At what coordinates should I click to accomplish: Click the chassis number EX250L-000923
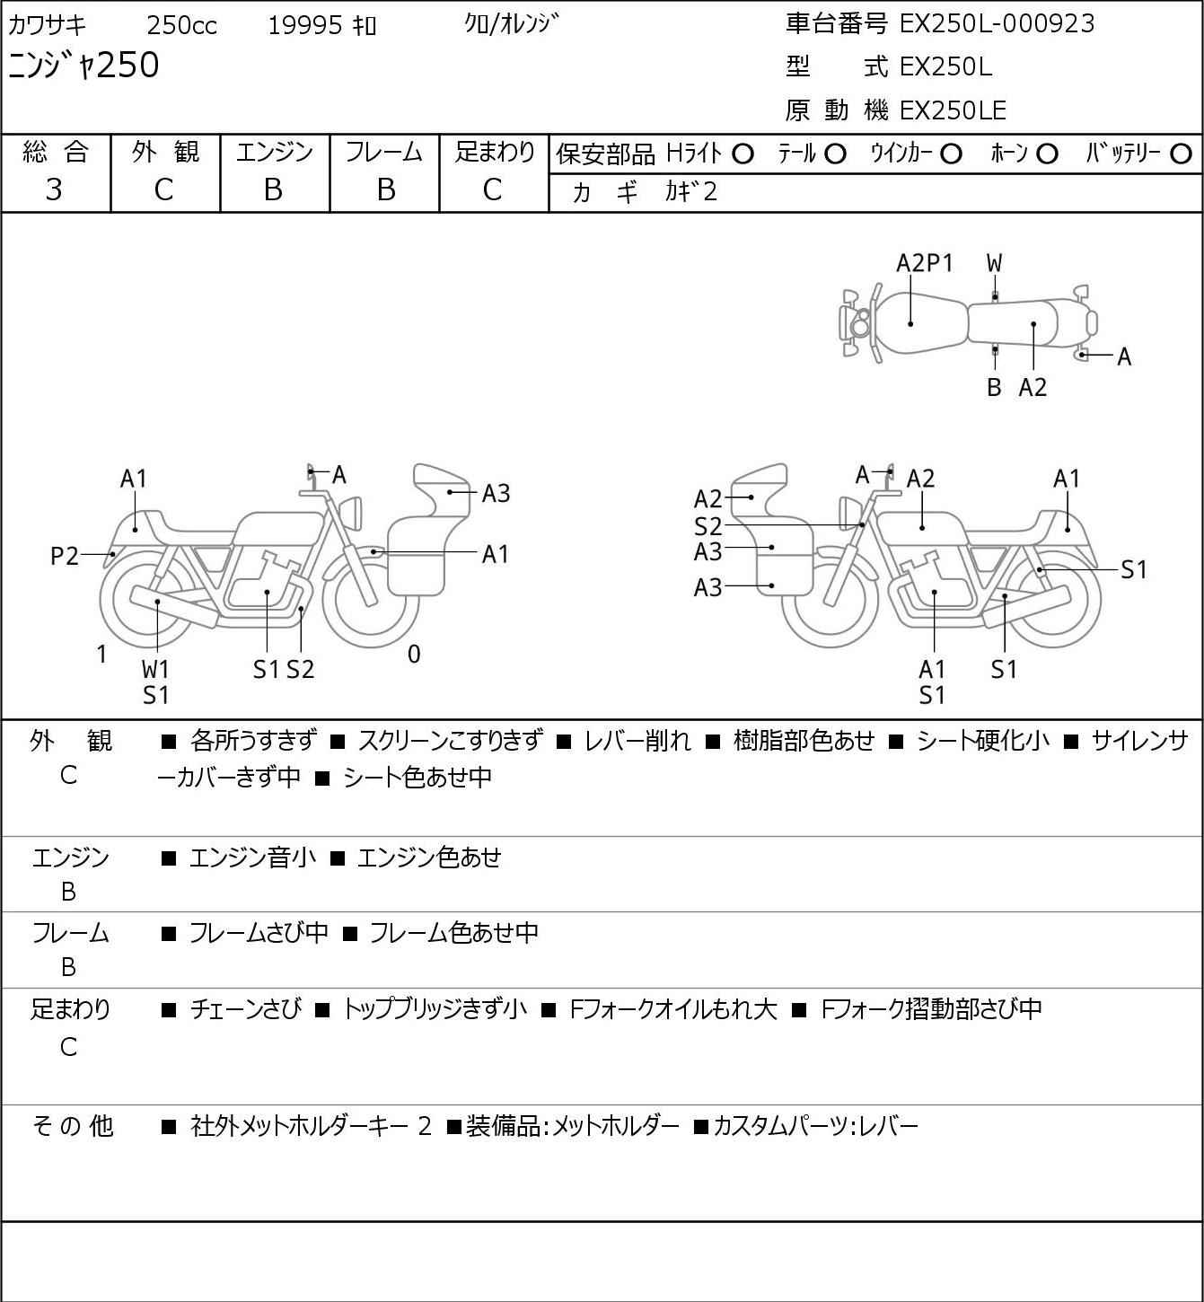[x=996, y=24]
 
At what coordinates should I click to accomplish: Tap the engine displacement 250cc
[x=181, y=25]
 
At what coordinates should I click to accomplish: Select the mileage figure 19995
[x=305, y=25]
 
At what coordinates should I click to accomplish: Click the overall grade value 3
[x=55, y=190]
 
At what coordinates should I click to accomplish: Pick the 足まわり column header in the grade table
[x=495, y=152]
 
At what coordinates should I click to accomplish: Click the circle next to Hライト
[x=743, y=154]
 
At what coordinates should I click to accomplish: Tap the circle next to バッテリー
[x=1181, y=154]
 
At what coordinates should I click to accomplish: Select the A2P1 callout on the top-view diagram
[x=924, y=263]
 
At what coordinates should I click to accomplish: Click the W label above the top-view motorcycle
[x=994, y=264]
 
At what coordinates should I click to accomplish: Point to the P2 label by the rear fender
[x=65, y=557]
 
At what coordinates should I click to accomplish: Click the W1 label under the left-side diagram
[x=155, y=669]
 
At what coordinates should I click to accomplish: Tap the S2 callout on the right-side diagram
[x=707, y=526]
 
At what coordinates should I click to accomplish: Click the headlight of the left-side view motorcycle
[x=351, y=512]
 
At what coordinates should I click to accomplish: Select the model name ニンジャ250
[x=83, y=66]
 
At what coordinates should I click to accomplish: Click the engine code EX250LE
[x=953, y=110]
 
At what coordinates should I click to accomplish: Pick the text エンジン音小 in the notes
[x=252, y=858]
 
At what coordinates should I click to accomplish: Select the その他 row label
[x=72, y=1126]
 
